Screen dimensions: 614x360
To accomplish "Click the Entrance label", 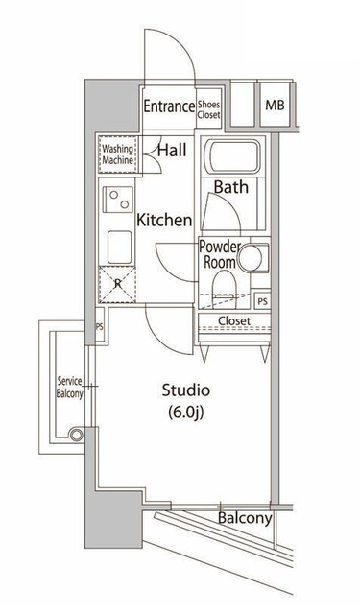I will tap(169, 106).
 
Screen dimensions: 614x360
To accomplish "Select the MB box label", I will tap(275, 106).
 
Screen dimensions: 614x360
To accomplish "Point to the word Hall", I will tap(173, 149).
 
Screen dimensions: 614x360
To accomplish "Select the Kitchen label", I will tap(164, 220).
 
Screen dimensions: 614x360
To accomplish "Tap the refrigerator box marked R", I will tap(117, 283).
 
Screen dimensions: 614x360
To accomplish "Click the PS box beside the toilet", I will tap(262, 299).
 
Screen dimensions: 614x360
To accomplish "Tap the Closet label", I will tap(233, 320).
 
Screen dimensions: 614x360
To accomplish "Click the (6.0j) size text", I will tap(185, 413).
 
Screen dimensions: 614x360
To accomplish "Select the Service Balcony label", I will tap(69, 387).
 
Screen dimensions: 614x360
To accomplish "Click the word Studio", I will tap(185, 390).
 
